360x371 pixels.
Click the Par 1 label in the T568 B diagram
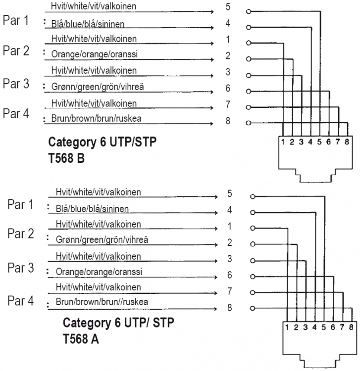tap(15, 21)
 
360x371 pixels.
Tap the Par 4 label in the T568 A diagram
tap(20, 300)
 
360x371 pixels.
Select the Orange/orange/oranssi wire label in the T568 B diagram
tap(87, 55)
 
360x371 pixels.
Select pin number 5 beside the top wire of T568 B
tap(228, 7)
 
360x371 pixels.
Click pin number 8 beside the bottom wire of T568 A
tap(230, 308)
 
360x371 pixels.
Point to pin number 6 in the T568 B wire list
tap(228, 89)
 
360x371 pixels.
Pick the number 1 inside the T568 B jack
tap(283, 142)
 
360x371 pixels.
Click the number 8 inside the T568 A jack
tap(351, 326)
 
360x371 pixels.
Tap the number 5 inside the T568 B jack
tap(320, 142)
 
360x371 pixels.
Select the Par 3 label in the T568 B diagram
tap(15, 83)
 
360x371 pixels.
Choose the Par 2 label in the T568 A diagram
tap(20, 233)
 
